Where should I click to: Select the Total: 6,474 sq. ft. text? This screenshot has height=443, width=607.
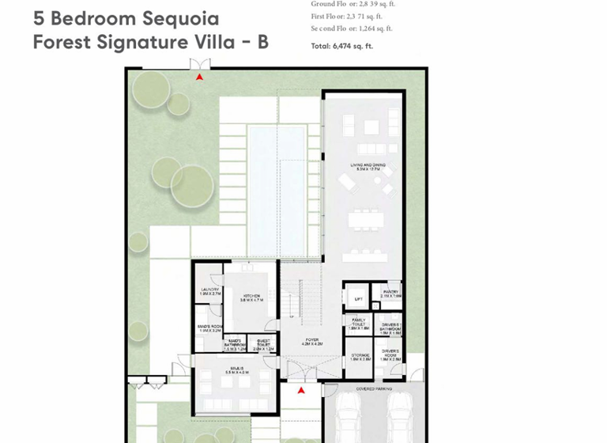coord(342,47)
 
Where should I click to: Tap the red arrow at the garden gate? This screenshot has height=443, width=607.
coord(200,78)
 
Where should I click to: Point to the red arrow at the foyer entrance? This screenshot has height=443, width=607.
coord(301,390)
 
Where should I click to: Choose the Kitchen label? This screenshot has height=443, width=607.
coord(251,298)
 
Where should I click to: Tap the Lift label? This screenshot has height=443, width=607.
coord(358,299)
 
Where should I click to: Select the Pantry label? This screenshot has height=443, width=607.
coord(390,293)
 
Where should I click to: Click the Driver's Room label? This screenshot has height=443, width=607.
coord(390,354)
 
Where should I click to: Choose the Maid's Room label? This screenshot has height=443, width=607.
coord(209,328)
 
